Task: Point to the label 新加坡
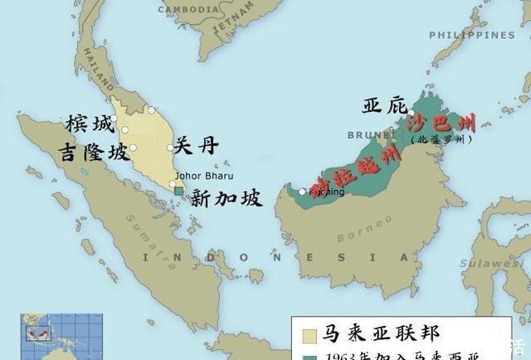(226, 198)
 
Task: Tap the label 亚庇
(385, 105)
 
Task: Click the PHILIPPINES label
(472, 35)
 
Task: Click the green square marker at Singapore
(179, 192)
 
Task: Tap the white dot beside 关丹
(170, 148)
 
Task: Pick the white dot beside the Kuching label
(302, 192)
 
